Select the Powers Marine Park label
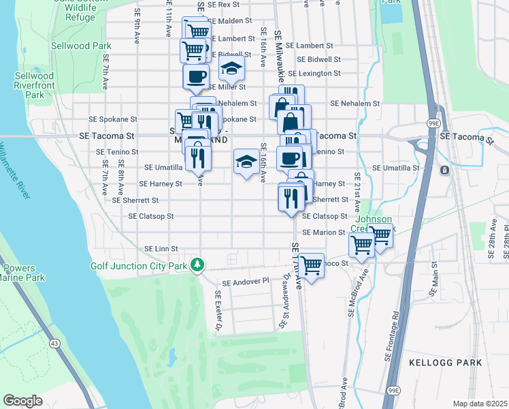click(x=22, y=273)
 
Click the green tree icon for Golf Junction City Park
click(x=197, y=264)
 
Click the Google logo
click(x=22, y=401)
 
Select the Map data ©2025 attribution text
click(x=480, y=404)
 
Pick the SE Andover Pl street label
click(x=246, y=281)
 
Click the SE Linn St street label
click(x=161, y=249)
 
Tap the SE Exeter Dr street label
click(x=218, y=310)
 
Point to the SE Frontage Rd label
click(x=395, y=333)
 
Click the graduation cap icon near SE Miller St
click(x=231, y=69)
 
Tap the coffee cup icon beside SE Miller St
click(x=195, y=76)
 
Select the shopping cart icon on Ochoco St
click(x=311, y=265)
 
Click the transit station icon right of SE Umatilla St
click(x=444, y=170)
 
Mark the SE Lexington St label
click(x=314, y=73)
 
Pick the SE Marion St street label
click(x=325, y=232)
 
